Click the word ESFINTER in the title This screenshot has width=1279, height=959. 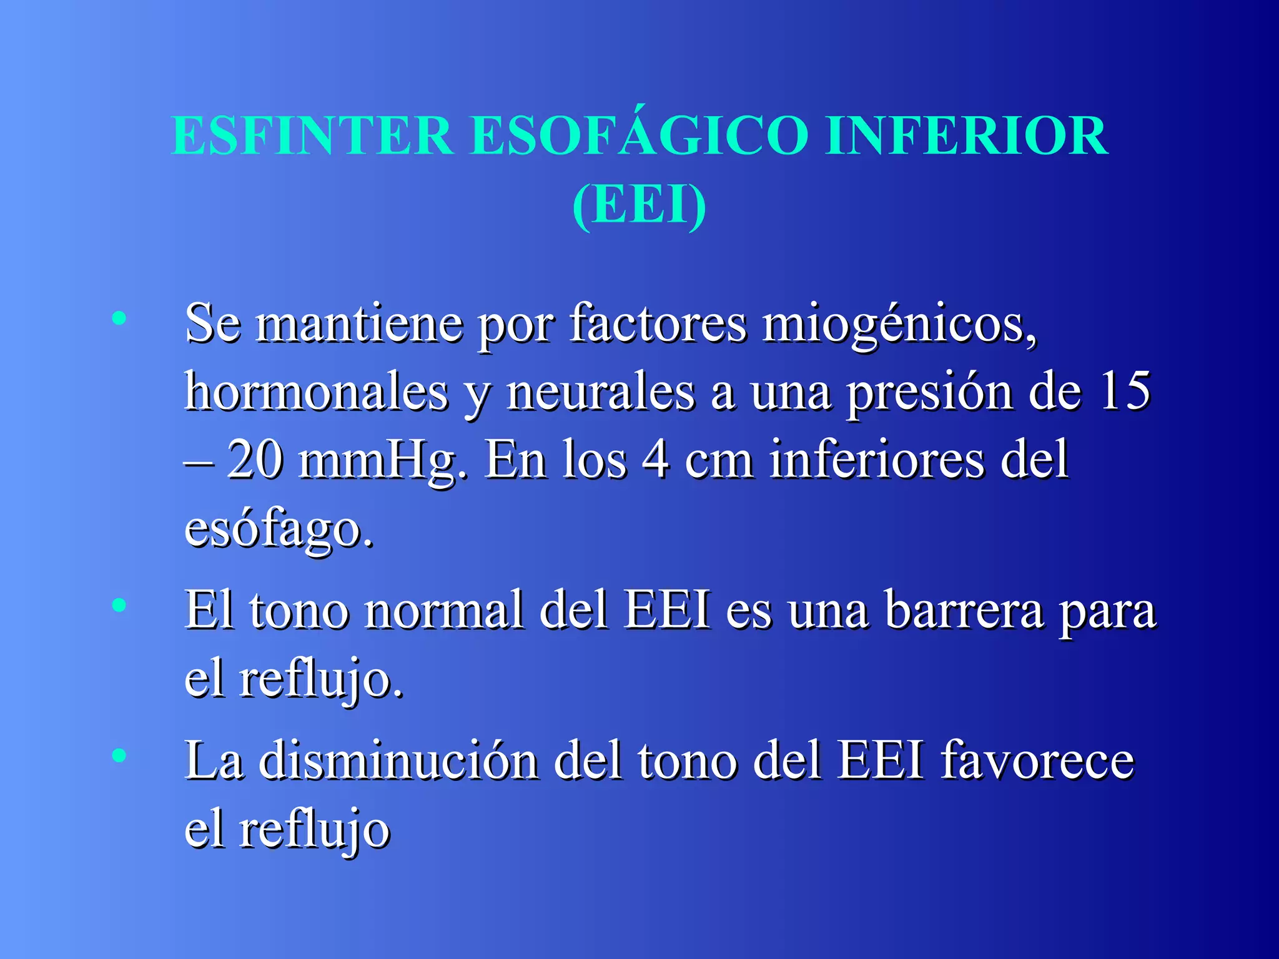pyautogui.click(x=312, y=135)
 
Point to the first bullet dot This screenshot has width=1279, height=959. pyautogui.click(x=119, y=319)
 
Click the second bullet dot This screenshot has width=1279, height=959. pyautogui.click(x=119, y=604)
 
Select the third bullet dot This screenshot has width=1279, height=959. pyautogui.click(x=119, y=755)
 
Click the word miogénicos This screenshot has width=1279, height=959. pyautogui.click(x=899, y=325)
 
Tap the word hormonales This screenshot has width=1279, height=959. pyautogui.click(x=316, y=392)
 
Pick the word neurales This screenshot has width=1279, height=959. pyautogui.click(x=600, y=392)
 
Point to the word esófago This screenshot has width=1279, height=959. pyautogui.click(x=278, y=529)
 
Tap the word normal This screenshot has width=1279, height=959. pyautogui.click(x=444, y=610)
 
